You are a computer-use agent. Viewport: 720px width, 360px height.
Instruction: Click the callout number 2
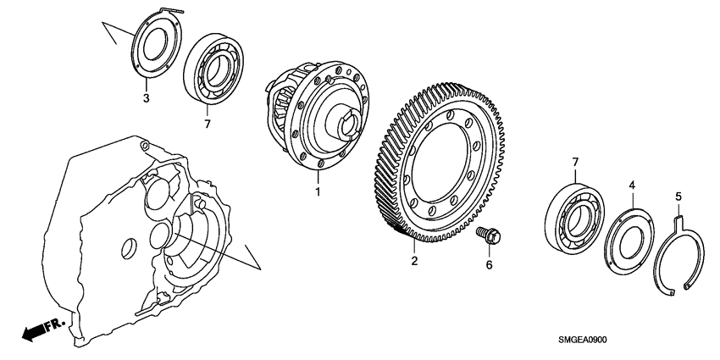[414, 261]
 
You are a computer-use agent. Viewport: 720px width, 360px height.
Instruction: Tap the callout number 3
[146, 99]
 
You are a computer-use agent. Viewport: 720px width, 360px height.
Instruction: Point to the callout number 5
[677, 197]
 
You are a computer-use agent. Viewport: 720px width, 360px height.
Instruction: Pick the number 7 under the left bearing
[206, 125]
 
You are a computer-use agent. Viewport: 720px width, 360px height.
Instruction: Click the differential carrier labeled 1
[322, 110]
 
